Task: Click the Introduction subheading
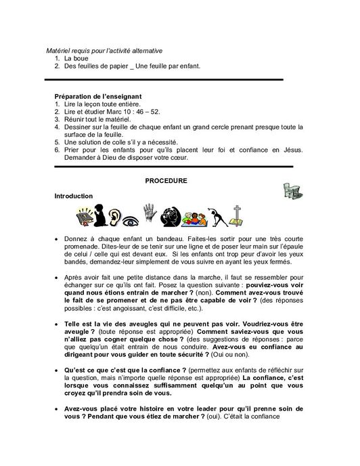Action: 74,196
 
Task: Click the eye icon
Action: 130,219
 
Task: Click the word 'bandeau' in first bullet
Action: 148,240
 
